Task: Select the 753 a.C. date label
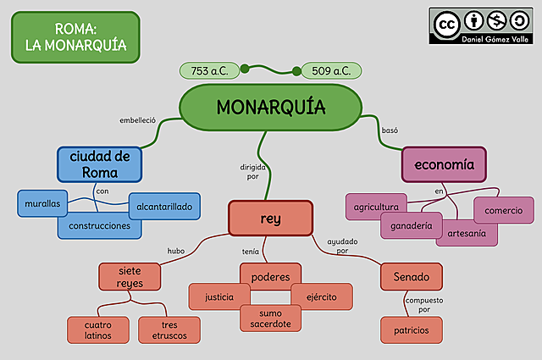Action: click(x=209, y=70)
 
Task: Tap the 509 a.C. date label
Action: click(x=331, y=70)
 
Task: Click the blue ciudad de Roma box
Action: click(x=100, y=163)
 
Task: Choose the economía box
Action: click(x=444, y=163)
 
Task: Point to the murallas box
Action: click(x=42, y=204)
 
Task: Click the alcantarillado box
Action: click(x=164, y=206)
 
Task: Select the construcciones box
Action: click(x=99, y=226)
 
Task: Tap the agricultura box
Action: click(x=376, y=207)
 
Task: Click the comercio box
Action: click(x=504, y=210)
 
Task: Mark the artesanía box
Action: click(x=467, y=234)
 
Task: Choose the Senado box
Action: click(x=411, y=276)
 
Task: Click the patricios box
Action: click(x=411, y=330)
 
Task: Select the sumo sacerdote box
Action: click(x=270, y=318)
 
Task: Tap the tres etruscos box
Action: click(x=169, y=330)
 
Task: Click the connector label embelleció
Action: click(x=138, y=120)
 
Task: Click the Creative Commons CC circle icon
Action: click(x=445, y=24)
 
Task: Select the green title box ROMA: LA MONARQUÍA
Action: click(x=75, y=36)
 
